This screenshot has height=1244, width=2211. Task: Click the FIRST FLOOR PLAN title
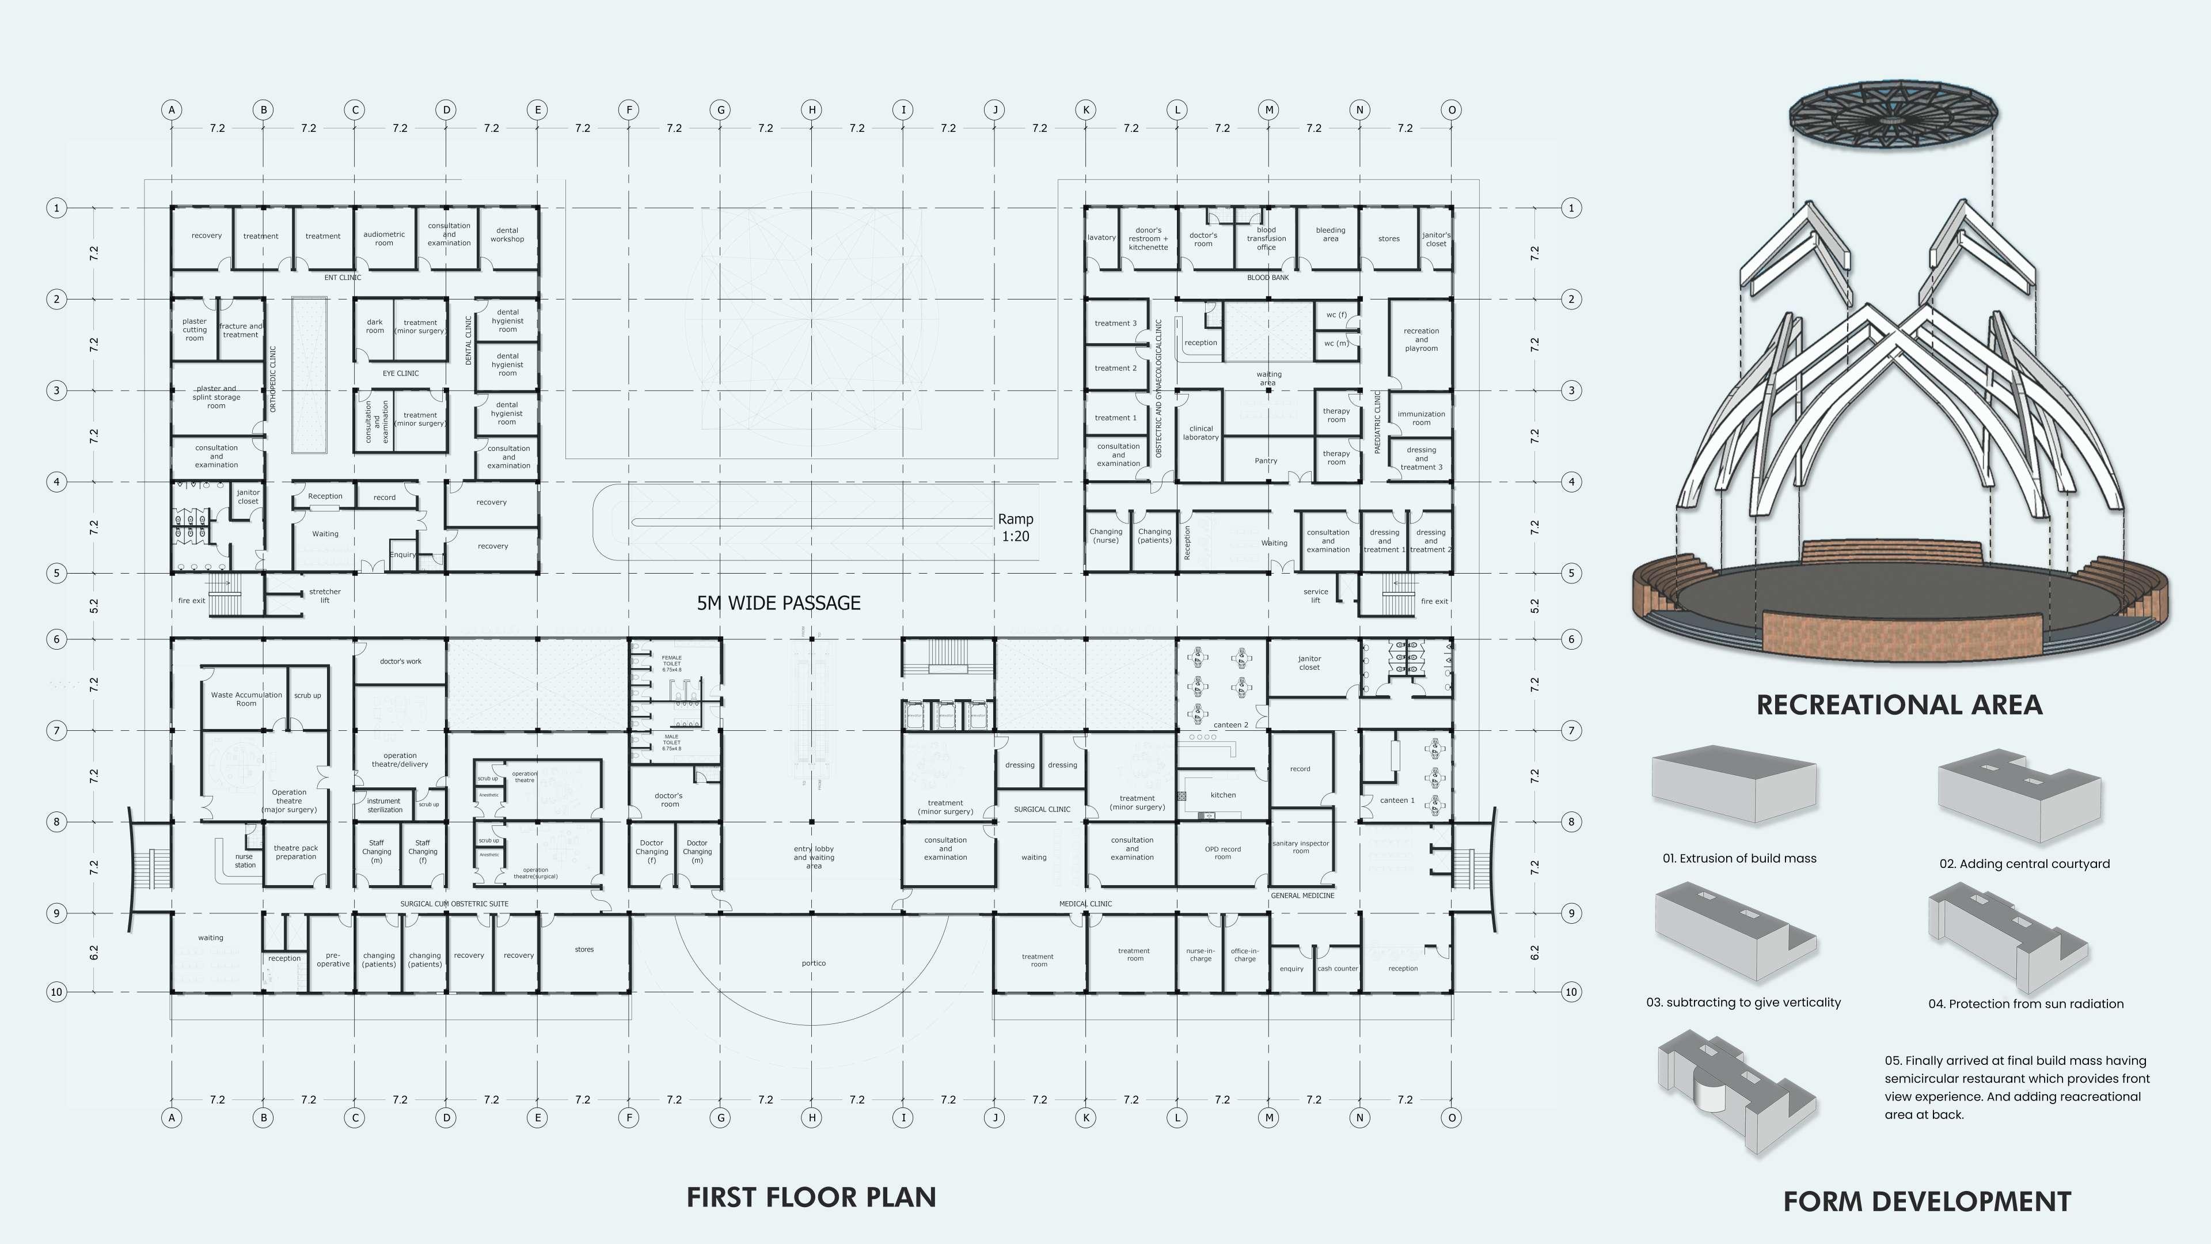(x=811, y=1197)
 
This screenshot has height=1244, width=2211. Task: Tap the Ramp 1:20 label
(x=1015, y=527)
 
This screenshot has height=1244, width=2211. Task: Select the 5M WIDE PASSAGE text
(x=778, y=602)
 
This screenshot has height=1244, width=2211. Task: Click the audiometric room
(x=383, y=238)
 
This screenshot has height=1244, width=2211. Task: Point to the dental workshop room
(x=507, y=234)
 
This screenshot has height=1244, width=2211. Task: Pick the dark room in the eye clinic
(x=375, y=326)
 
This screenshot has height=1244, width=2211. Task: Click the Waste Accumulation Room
(x=246, y=699)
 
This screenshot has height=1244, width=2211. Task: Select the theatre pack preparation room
(x=295, y=852)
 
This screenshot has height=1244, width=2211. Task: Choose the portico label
(x=814, y=964)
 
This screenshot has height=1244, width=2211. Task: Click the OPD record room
(x=1222, y=852)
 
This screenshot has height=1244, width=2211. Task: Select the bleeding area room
(x=1331, y=234)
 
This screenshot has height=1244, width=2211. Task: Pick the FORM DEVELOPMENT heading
(x=1927, y=1201)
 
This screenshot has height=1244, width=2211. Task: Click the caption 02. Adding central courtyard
(x=2024, y=864)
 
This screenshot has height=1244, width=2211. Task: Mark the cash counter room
(x=1337, y=968)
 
